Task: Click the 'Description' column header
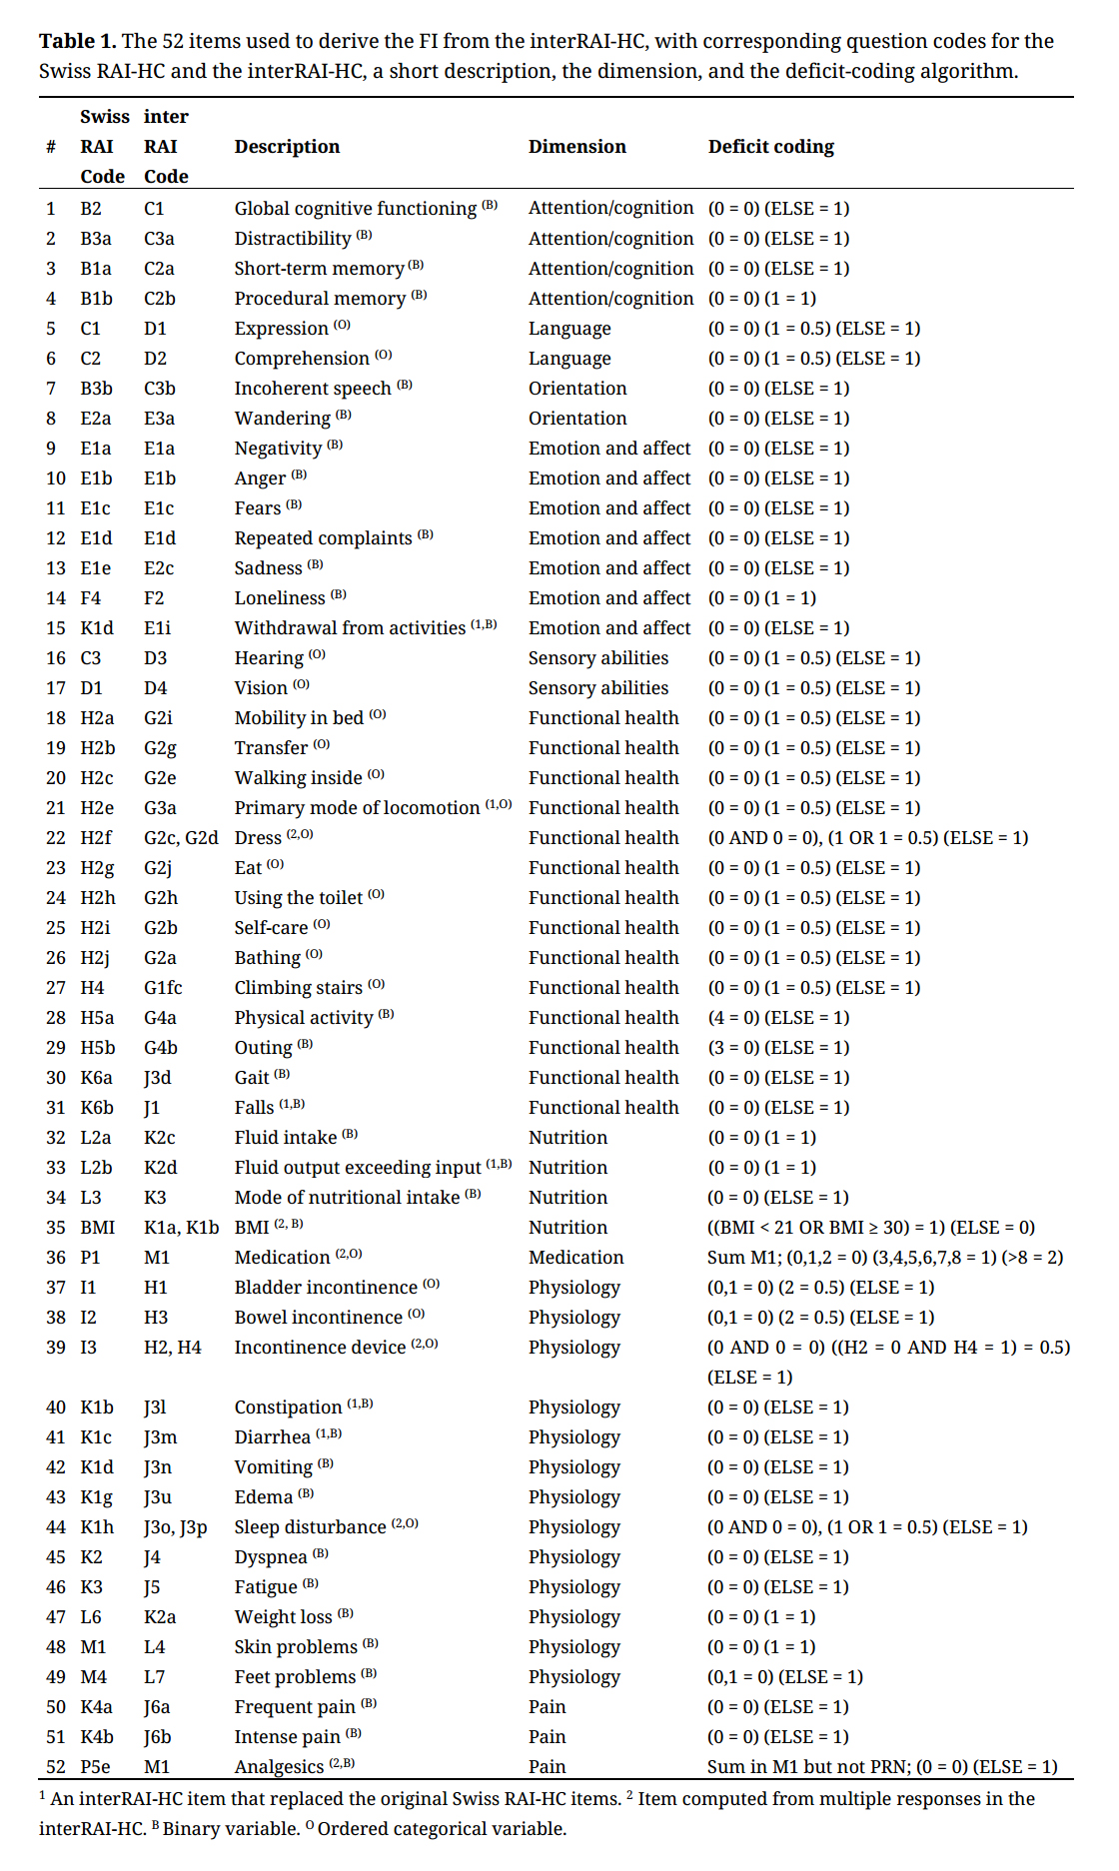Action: click(287, 147)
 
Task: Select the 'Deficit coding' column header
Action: click(770, 147)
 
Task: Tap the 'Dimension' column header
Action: click(576, 147)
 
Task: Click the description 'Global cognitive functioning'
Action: click(355, 209)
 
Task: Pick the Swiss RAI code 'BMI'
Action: click(98, 1228)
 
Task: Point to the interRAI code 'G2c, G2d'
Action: click(181, 838)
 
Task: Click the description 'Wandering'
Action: click(282, 419)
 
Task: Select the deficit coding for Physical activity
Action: click(778, 1018)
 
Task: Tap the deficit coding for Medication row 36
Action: click(885, 1258)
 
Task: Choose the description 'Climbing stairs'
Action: click(298, 988)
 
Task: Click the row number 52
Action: click(56, 1767)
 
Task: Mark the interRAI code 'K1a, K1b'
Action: click(181, 1228)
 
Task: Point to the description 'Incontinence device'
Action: click(320, 1348)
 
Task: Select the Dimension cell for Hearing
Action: click(597, 658)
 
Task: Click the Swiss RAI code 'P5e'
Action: click(96, 1767)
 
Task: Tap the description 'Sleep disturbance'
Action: click(310, 1527)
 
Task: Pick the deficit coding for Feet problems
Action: click(784, 1677)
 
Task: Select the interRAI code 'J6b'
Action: click(157, 1737)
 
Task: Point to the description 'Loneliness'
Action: click(280, 598)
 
